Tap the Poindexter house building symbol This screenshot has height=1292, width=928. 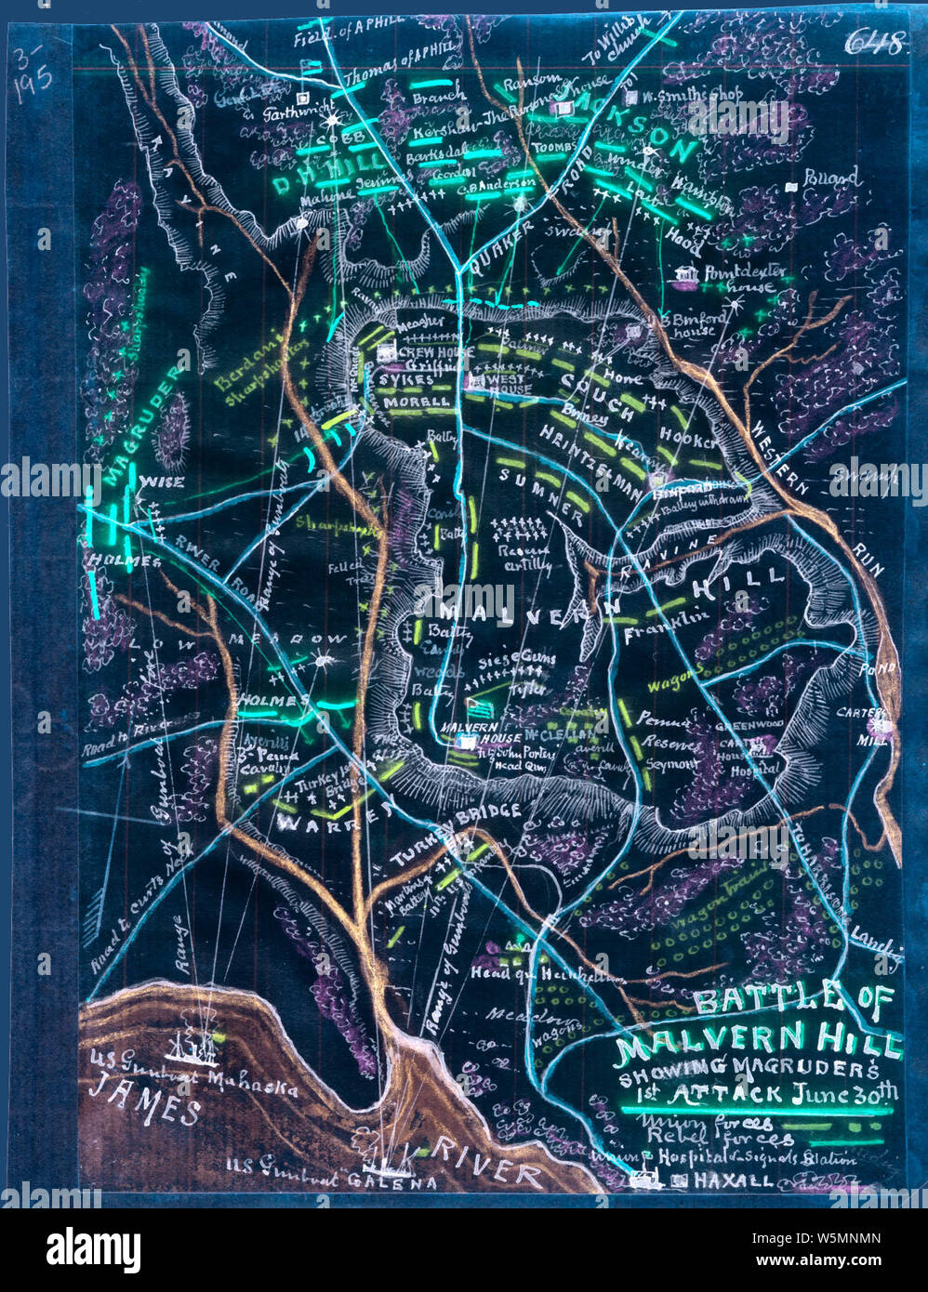pos(688,274)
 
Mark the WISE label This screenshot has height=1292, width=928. pos(161,481)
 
